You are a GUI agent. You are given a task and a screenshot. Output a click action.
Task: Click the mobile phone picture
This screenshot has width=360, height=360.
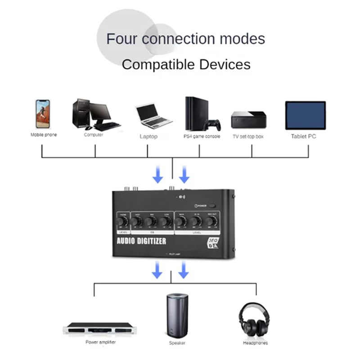42,114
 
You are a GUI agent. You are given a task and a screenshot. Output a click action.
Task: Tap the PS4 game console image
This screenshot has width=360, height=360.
200,114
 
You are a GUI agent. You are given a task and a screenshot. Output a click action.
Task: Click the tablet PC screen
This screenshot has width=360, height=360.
305,116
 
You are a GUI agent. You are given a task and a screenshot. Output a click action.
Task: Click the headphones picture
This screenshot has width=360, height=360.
254,320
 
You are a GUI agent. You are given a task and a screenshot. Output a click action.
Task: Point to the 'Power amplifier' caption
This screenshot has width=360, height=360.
100,342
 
